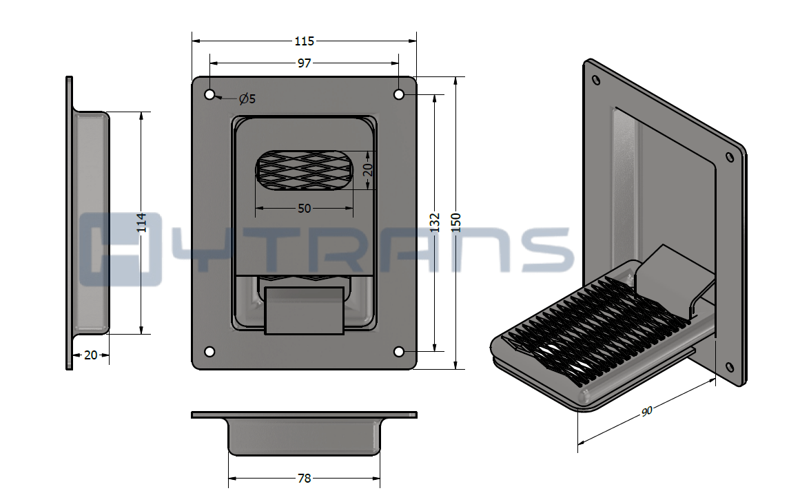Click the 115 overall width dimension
click(304, 41)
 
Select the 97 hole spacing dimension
click(304, 63)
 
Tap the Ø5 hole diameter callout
click(247, 99)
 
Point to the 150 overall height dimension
click(455, 222)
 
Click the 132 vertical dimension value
click(435, 222)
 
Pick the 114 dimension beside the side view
click(141, 222)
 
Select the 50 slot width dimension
click(304, 209)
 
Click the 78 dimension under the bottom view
click(304, 479)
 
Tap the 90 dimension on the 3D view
click(646, 411)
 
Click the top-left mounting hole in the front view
click(209, 95)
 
